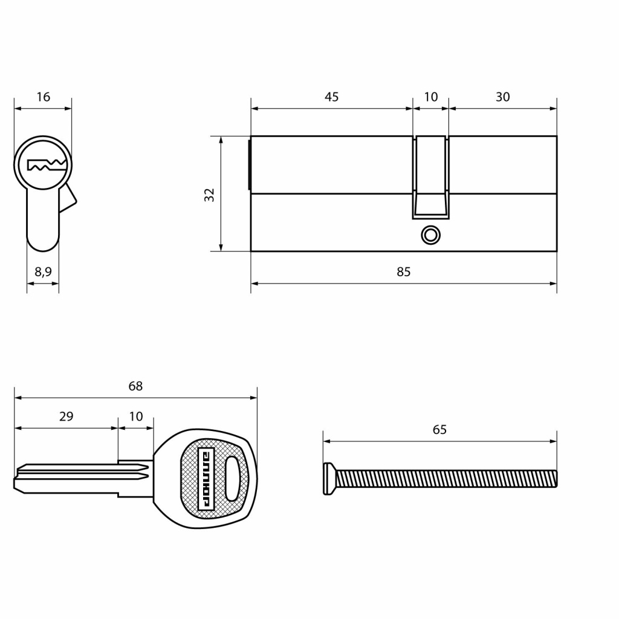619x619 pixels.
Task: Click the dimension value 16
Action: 44,97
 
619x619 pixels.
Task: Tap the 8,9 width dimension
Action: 43,271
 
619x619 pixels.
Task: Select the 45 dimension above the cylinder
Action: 332,97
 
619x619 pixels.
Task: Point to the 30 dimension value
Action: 502,97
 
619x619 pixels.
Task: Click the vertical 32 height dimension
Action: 209,195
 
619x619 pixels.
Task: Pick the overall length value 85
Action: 403,271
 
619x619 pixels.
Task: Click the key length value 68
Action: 135,386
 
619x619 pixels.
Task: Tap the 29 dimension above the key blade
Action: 66,416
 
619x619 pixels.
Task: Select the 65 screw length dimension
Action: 439,429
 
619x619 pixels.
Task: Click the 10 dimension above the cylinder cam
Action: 430,97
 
